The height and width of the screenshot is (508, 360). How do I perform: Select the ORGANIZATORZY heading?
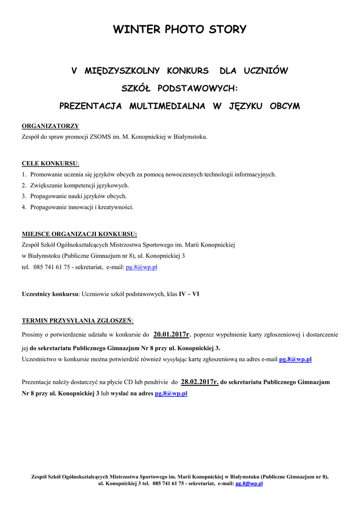pyautogui.click(x=50, y=126)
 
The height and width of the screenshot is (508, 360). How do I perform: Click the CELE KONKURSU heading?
pyautogui.click(x=50, y=163)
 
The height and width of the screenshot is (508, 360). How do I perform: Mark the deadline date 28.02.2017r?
pyautogui.click(x=200, y=382)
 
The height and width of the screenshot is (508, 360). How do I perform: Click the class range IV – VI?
pyautogui.click(x=189, y=294)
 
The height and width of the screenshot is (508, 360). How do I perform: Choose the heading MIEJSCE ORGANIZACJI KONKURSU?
pyautogui.click(x=79, y=234)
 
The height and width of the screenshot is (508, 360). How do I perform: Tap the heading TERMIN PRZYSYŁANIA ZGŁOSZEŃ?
pyautogui.click(x=77, y=320)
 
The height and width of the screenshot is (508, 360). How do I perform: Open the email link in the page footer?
pyautogui.click(x=249, y=483)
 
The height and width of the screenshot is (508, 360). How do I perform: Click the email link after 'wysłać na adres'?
pyautogui.click(x=171, y=393)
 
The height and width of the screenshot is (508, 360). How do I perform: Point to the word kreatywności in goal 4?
pyautogui.click(x=117, y=207)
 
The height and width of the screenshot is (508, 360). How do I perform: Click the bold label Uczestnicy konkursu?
pyautogui.click(x=50, y=294)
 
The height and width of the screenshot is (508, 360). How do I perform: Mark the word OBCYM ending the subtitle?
pyautogui.click(x=284, y=106)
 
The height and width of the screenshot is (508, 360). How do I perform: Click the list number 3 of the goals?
pyautogui.click(x=24, y=196)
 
